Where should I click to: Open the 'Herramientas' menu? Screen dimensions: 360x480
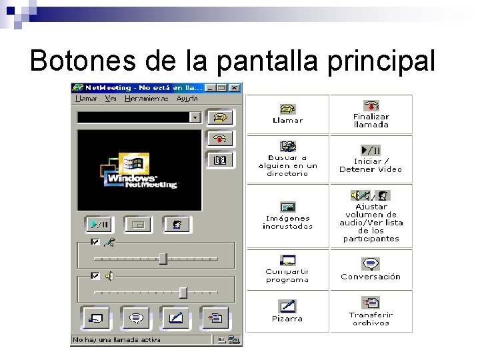[147, 99]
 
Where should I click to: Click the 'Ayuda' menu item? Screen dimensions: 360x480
[187, 99]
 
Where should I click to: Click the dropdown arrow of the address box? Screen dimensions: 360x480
[195, 117]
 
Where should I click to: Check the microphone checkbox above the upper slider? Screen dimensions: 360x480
[95, 242]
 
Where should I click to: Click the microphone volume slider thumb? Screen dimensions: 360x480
[163, 259]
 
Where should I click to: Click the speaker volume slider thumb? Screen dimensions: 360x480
[183, 292]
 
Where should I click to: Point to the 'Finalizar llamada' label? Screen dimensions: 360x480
[371, 121]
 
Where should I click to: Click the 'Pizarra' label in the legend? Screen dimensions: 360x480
[287, 319]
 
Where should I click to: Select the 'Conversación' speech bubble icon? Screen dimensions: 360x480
[371, 264]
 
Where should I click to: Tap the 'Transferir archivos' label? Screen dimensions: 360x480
[371, 319]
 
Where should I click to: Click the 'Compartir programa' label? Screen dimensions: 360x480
[287, 276]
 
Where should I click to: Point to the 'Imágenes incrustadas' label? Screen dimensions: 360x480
[287, 222]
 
